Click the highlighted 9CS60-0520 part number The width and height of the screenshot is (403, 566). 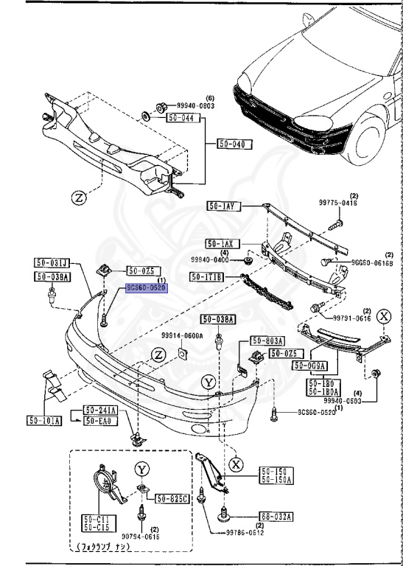147,289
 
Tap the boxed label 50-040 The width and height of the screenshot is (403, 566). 235,144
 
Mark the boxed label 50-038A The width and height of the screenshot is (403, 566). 220,319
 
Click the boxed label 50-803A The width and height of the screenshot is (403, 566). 267,340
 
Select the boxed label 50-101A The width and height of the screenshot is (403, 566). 45,421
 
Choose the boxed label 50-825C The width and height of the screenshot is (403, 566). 171,499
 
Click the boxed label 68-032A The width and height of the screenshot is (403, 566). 276,517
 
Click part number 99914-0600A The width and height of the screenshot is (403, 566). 182,335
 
